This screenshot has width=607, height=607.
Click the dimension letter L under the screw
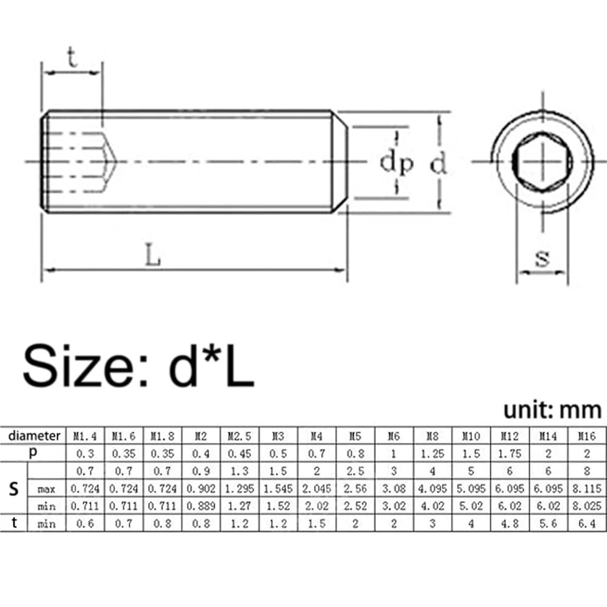coord(153,254)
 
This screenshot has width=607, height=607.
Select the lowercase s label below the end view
coord(542,258)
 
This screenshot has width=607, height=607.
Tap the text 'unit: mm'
coord(552,410)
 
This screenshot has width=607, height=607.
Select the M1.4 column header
coord(85,436)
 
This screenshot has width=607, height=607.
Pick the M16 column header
coord(587,436)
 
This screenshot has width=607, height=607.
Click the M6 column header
coord(394,436)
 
